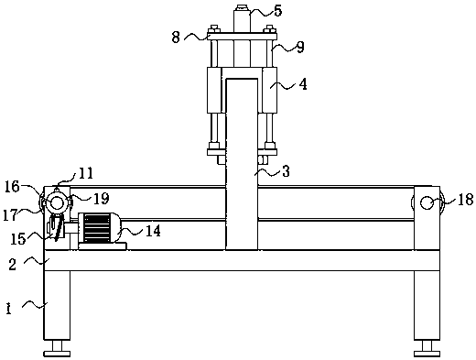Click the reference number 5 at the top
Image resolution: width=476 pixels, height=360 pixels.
(x=278, y=11)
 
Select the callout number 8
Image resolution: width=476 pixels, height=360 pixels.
(x=176, y=38)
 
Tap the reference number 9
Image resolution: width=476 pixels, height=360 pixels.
(x=300, y=47)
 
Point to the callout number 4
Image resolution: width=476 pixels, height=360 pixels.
(x=303, y=84)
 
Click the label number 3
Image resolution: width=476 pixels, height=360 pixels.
(x=286, y=171)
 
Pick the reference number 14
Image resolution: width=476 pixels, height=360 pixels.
(x=153, y=231)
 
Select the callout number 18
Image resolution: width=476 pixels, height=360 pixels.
(x=465, y=200)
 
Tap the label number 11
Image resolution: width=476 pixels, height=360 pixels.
(x=86, y=173)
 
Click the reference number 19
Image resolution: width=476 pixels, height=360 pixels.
(x=102, y=199)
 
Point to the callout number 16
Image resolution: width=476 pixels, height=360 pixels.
(x=12, y=186)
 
